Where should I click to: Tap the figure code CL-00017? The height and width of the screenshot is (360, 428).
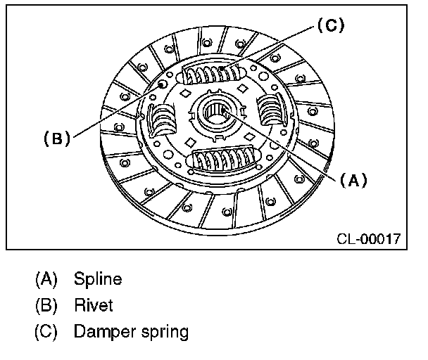click(x=367, y=238)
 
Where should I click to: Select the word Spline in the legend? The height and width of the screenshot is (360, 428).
click(x=98, y=279)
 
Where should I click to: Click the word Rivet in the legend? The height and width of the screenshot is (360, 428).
click(x=93, y=305)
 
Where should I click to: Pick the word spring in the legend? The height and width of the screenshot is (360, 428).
click(x=163, y=333)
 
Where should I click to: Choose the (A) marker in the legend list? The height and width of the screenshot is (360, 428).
click(x=46, y=279)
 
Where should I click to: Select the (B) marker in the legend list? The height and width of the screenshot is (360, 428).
click(x=46, y=305)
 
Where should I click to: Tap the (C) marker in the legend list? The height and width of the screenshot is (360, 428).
click(x=46, y=331)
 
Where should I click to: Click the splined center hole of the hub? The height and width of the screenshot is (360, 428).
click(x=215, y=111)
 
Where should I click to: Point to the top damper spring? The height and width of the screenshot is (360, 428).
click(x=215, y=72)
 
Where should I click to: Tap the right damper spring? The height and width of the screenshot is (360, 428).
click(x=272, y=111)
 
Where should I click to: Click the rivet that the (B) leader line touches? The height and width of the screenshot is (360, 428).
click(x=163, y=84)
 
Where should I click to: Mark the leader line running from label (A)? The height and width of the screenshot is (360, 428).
click(x=282, y=145)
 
